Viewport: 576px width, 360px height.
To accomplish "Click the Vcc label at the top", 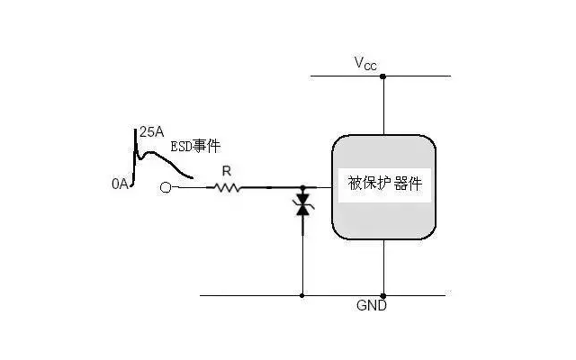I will click(366, 63).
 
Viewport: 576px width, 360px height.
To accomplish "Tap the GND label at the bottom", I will click(372, 306).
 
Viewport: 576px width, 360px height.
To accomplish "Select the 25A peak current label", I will click(151, 131).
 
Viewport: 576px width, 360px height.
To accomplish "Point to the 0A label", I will click(121, 184).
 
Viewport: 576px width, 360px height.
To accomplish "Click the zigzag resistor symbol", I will click(224, 188).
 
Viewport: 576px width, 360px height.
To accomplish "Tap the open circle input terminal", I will click(165, 188).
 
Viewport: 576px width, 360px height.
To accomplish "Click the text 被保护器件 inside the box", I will click(384, 184).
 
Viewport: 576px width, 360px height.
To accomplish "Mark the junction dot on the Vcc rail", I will click(383, 76).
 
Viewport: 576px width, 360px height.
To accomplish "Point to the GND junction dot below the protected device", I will click(383, 295).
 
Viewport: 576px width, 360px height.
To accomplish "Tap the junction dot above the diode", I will click(302, 188).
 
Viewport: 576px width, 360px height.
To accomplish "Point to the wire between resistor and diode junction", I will click(270, 188).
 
